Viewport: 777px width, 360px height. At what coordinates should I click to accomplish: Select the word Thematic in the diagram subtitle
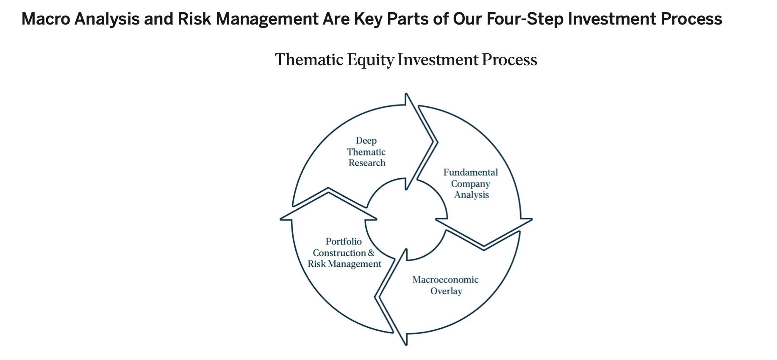pyautogui.click(x=309, y=59)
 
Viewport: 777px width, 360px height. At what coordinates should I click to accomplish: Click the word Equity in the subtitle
pyautogui.click(x=370, y=60)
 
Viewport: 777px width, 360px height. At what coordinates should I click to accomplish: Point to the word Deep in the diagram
pyautogui.click(x=366, y=141)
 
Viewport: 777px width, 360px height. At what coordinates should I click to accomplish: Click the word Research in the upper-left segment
pyautogui.click(x=367, y=163)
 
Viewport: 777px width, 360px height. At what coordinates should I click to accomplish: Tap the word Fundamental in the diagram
pyautogui.click(x=471, y=172)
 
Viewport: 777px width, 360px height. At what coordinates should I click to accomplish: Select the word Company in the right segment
pyautogui.click(x=470, y=184)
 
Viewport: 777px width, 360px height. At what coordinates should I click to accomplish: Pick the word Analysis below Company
pyautogui.click(x=472, y=195)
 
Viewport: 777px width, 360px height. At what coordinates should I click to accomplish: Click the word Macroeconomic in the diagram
pyautogui.click(x=445, y=280)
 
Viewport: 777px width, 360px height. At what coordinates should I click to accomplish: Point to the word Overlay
pyautogui.click(x=446, y=291)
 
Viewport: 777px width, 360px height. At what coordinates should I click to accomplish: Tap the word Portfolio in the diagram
pyautogui.click(x=344, y=241)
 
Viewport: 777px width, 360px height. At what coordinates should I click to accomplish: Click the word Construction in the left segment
pyautogui.click(x=339, y=253)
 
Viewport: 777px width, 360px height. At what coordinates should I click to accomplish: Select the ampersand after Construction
pyautogui.click(x=372, y=253)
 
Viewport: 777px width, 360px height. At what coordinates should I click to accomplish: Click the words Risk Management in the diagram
pyautogui.click(x=344, y=264)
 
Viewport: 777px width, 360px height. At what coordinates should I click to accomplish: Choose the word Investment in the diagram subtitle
pyautogui.click(x=438, y=59)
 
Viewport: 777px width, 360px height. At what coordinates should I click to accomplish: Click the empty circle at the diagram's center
pyautogui.click(x=406, y=219)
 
